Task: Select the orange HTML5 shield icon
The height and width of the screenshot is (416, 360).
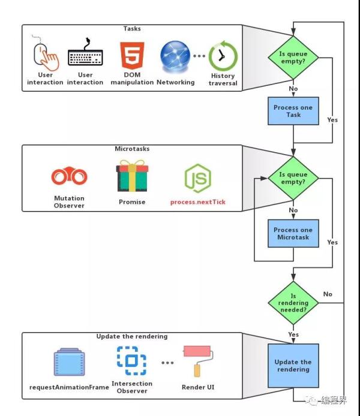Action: tap(131, 56)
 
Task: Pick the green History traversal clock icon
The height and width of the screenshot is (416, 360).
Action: tap(223, 57)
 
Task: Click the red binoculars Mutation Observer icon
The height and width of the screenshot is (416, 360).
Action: tap(69, 176)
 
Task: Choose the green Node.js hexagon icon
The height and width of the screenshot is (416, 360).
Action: tap(197, 177)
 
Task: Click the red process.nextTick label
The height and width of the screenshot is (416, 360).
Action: tap(197, 203)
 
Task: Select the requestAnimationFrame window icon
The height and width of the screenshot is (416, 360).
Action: tap(69, 363)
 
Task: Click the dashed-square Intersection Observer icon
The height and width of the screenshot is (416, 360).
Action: tap(131, 361)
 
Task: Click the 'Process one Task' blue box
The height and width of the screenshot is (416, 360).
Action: tap(293, 111)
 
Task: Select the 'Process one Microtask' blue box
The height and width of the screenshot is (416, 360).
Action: tap(293, 233)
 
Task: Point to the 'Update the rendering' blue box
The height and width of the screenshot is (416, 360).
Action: tap(293, 365)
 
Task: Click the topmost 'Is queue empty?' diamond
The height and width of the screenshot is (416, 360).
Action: tap(293, 58)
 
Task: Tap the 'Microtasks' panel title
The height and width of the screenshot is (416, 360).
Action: tap(131, 149)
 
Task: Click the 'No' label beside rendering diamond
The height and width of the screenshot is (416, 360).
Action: tap(328, 294)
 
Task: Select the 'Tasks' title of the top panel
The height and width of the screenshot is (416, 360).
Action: tap(132, 29)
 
